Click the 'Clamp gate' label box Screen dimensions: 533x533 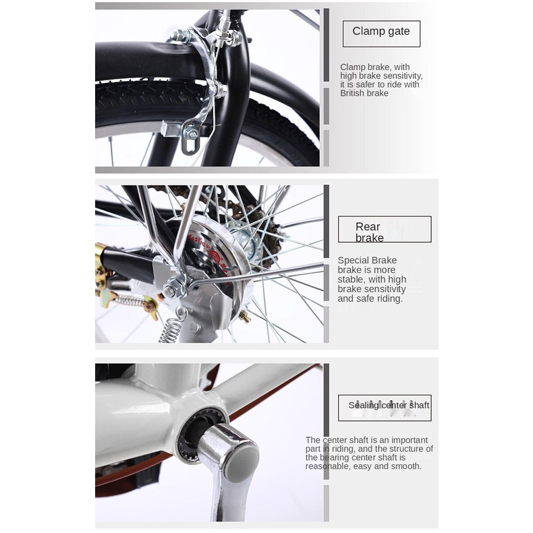(381, 34)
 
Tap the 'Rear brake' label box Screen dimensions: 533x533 (385, 229)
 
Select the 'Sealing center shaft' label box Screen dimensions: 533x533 (385, 408)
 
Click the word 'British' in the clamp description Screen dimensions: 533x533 (352, 93)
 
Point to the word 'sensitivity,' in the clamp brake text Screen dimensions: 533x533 (402, 76)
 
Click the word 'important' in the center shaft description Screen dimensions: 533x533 (409, 440)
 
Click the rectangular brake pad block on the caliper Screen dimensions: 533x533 (171, 129)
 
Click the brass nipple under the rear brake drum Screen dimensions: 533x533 (245, 317)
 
